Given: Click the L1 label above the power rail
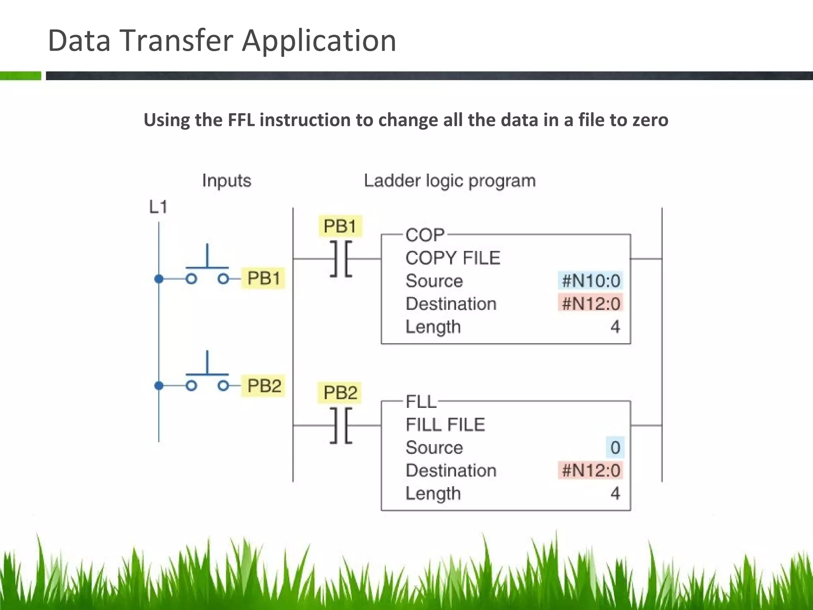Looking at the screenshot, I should point(158,207).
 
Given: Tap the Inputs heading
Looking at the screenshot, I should point(226,181).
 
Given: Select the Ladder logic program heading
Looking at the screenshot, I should point(449,181).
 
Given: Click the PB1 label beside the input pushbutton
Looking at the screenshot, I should point(263,278).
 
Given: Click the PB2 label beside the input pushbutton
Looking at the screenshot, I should point(264,386).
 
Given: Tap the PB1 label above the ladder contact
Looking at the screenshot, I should point(340,226).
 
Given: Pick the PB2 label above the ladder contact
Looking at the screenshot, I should point(340,393).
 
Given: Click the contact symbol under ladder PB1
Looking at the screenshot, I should point(341,259).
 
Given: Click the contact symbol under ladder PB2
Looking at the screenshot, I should point(341,425).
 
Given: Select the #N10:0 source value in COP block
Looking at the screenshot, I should point(590,281).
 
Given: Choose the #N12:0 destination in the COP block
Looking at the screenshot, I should point(590,304).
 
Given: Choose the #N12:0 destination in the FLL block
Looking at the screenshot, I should point(590,471).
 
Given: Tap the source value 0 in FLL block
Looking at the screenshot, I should point(615,448).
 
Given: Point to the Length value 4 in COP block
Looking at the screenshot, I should point(615,327).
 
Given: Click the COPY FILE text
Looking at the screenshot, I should point(453,258).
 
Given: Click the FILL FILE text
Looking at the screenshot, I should point(445,425).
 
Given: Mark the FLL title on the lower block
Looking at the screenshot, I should point(421,402).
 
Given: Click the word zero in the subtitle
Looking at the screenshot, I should point(650,120).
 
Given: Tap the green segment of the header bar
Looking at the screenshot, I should point(20,76).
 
